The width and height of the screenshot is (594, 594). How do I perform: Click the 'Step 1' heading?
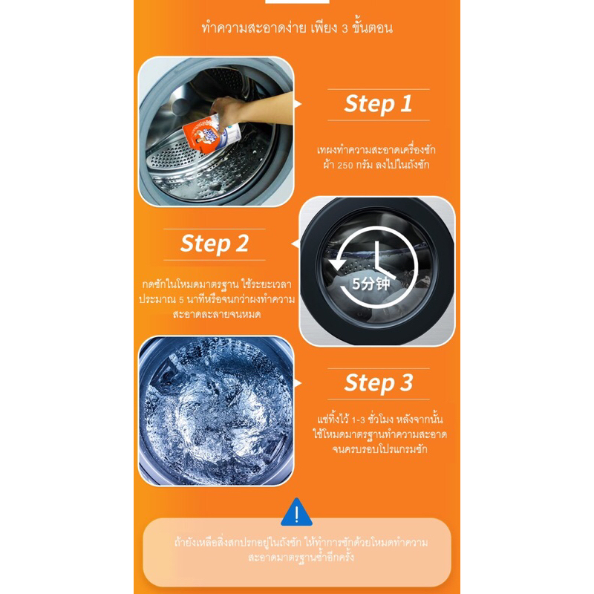tap(378, 104)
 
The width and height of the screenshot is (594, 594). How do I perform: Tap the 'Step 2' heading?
tap(215, 244)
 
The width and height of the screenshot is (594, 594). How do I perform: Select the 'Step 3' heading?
tap(379, 383)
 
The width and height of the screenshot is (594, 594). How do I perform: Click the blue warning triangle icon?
tap(296, 512)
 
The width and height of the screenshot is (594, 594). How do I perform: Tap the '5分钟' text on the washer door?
tap(371, 284)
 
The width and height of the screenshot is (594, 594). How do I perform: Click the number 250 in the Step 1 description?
tap(345, 165)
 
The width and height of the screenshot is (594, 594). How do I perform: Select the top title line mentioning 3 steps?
tap(297, 28)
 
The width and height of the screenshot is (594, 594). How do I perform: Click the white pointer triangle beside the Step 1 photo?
tap(298, 104)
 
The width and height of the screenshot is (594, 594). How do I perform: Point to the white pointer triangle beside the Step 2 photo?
tap(295, 244)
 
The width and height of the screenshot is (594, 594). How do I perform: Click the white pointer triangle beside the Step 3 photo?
tap(298, 383)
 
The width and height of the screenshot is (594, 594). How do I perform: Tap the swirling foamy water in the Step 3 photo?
tap(216, 411)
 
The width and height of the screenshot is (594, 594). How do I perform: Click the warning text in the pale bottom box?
tap(301, 549)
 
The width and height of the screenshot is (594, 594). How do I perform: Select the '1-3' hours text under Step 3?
tap(359, 420)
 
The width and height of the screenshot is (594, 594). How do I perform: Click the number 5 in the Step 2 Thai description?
tap(181, 300)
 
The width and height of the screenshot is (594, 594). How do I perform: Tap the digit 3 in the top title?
tap(345, 29)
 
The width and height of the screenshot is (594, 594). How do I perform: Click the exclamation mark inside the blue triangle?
tap(296, 515)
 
